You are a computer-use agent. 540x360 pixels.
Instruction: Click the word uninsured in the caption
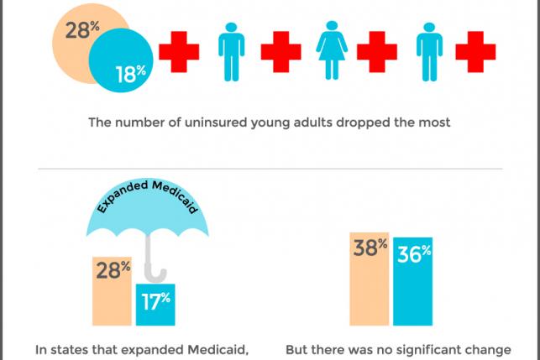point(223,123)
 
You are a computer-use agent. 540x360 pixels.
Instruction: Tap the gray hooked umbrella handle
point(156,263)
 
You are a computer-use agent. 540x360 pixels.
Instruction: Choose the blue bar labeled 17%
point(155,305)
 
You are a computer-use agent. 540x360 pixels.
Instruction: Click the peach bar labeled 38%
point(369,277)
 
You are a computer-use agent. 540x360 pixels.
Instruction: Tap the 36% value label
point(413,253)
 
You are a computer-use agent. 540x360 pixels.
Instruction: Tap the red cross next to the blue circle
point(180,51)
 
